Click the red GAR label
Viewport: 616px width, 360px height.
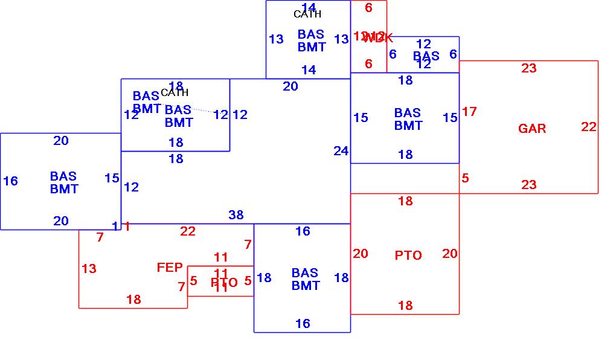532,129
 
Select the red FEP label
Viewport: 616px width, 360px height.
170,268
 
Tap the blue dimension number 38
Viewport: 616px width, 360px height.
236,215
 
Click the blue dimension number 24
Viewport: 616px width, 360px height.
341,151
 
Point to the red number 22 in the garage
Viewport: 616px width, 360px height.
589,127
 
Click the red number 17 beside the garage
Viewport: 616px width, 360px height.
469,112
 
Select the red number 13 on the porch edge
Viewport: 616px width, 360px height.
89,269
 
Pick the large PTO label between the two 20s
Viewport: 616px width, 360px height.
408,256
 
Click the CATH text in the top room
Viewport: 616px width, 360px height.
307,14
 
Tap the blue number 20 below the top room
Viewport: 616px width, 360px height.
290,86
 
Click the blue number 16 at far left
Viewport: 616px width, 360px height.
10,181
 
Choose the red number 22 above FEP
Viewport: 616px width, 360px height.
188,231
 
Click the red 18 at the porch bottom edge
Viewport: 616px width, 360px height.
133,300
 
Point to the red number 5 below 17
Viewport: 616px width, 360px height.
465,178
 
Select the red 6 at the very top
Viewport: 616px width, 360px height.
368,8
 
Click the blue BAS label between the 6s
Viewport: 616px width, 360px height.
426,56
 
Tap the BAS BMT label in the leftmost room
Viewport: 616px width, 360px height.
64,182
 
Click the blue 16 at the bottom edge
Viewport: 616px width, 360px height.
303,324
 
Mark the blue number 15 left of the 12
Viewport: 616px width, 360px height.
112,178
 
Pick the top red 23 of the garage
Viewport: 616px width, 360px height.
529,68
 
